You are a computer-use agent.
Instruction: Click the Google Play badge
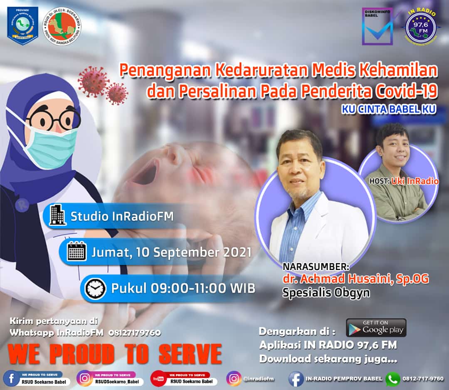tap(376, 327)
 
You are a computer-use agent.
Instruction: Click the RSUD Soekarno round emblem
tap(62, 24)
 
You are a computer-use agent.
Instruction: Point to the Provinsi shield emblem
tap(22, 25)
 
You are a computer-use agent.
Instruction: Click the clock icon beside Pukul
tap(95, 288)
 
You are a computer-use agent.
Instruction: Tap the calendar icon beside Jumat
tap(76, 252)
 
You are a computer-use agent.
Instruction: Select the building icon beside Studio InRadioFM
tap(57, 216)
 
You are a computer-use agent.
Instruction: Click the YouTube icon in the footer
tap(158, 378)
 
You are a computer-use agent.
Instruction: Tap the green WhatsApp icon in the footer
tap(392, 379)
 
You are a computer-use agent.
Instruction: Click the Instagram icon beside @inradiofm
tap(234, 378)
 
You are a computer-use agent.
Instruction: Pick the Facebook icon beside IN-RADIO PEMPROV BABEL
tap(296, 379)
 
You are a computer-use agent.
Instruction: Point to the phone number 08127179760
tap(135, 332)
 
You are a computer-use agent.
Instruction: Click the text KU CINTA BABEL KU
tap(389, 109)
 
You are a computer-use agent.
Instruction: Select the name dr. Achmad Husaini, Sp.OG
tap(355, 279)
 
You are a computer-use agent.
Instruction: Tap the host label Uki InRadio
tap(415, 181)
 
